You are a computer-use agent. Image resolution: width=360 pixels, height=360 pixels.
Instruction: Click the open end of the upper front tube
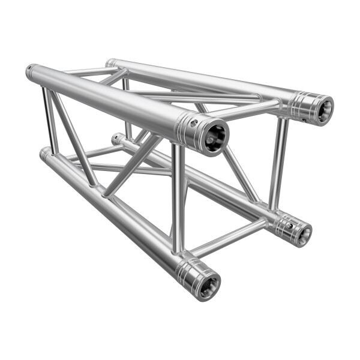213,137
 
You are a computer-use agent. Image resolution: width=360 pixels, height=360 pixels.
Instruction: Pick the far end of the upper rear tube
110,62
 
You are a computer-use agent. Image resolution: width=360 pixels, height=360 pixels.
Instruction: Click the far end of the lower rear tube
116,139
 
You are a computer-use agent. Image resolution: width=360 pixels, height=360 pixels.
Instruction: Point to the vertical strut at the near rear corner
277,163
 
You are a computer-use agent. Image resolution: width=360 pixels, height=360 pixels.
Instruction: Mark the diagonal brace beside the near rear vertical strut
240,171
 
